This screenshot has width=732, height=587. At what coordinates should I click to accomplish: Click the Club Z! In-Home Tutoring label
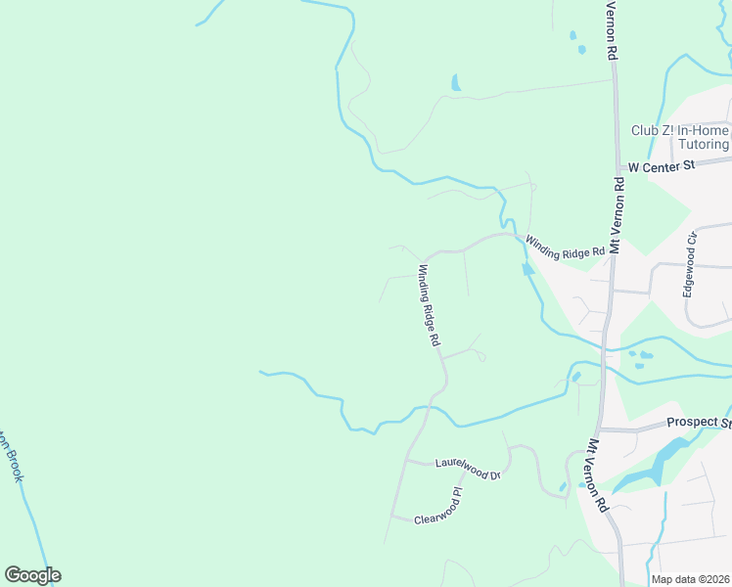[x=680, y=137]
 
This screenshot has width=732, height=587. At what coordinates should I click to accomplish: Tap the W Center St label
[x=661, y=166]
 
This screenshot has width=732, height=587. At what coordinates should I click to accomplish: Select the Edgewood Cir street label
[x=691, y=264]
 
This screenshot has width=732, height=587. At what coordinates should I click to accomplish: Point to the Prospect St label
[x=699, y=423]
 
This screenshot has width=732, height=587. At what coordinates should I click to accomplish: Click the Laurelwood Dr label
[x=468, y=468]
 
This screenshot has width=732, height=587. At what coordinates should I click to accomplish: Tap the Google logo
[x=32, y=575]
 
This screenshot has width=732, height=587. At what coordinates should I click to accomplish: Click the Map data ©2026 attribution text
[x=690, y=579]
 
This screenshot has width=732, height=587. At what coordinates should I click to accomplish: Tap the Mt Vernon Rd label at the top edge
[x=611, y=32]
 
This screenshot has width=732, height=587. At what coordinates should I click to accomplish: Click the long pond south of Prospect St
[x=654, y=464]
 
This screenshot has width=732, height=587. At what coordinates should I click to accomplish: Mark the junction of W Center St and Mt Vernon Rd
[x=618, y=168]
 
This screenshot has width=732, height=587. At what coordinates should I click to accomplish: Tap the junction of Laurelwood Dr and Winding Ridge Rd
[x=407, y=459]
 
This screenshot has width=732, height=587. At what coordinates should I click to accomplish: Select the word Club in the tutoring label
[x=645, y=130]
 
